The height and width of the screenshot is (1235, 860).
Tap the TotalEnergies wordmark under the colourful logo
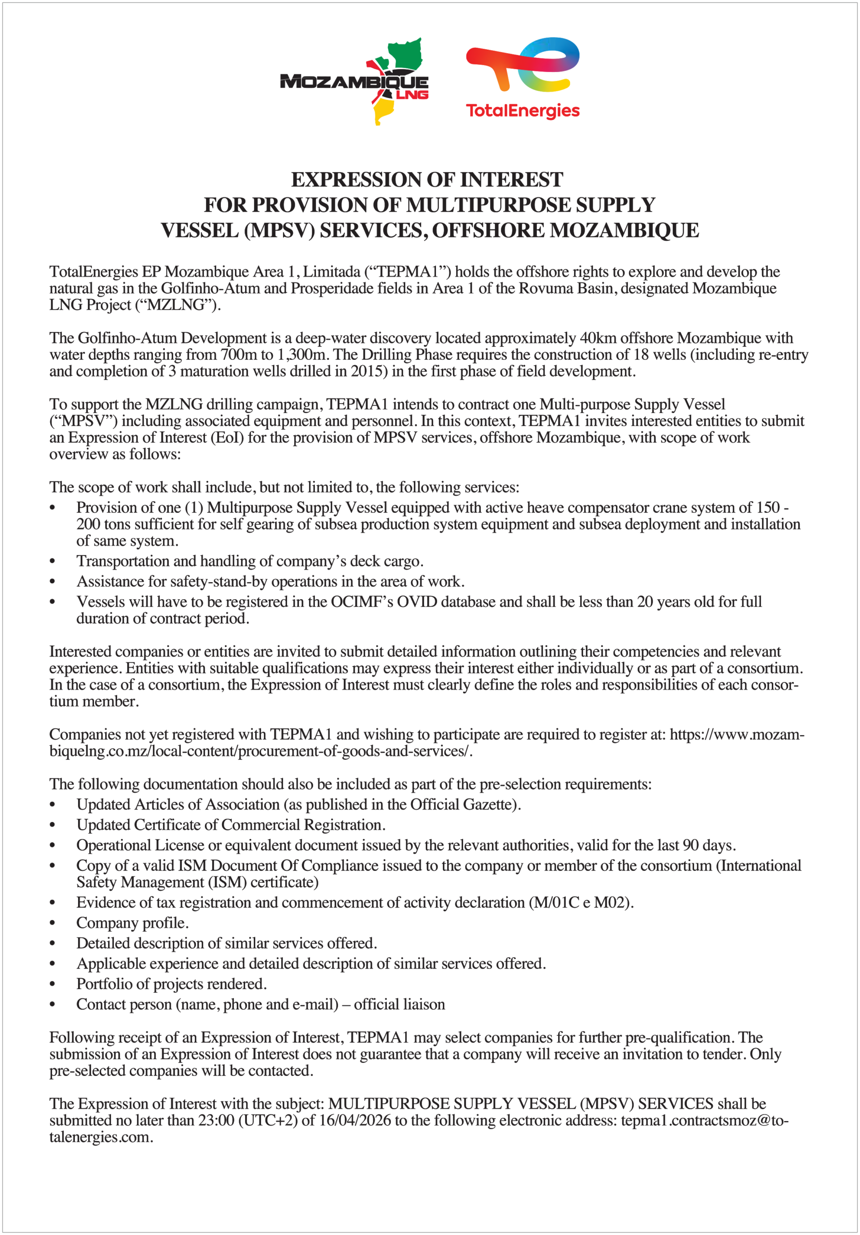pyautogui.click(x=522, y=111)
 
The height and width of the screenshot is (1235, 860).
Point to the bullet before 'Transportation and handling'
pyautogui.click(x=53, y=562)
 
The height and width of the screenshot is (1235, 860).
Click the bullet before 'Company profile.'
pyautogui.click(x=53, y=923)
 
